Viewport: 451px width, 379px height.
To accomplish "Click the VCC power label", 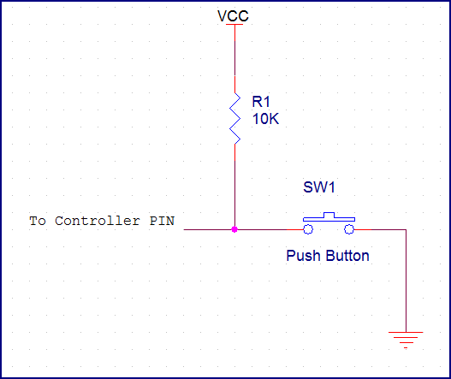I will [x=234, y=15].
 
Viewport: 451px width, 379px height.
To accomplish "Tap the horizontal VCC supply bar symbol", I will [x=234, y=25].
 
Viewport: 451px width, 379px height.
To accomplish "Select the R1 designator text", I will [x=261, y=102].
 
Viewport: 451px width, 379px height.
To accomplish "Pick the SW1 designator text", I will [x=318, y=187].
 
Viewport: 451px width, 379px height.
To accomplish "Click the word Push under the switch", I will [x=301, y=255].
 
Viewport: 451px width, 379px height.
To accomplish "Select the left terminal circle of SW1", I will [x=306, y=229].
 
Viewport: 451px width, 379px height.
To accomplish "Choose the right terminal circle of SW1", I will [x=348, y=229].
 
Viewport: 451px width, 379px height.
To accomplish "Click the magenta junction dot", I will [x=234, y=229].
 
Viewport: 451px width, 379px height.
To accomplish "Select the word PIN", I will [x=161, y=221].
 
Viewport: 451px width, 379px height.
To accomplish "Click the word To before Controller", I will [x=38, y=221].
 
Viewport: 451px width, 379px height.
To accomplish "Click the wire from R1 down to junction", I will [x=234, y=184].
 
